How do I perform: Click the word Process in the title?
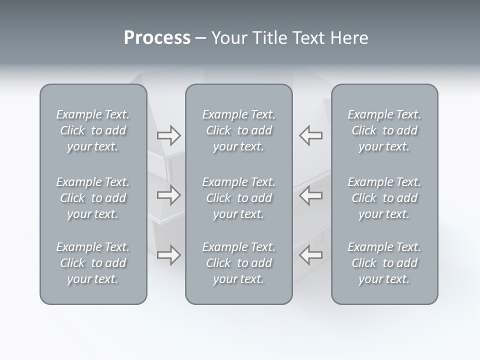click(x=157, y=38)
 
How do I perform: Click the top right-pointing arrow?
click(x=168, y=135)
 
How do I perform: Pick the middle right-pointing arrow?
click(x=168, y=195)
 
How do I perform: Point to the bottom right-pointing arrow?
click(x=168, y=255)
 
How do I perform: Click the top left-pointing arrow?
click(x=310, y=135)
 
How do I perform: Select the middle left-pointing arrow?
click(x=310, y=195)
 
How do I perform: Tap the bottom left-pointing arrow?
click(x=310, y=255)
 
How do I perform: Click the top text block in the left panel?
click(x=93, y=130)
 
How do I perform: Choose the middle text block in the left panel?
click(x=93, y=198)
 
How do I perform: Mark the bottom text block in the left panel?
click(x=93, y=263)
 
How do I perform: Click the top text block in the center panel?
click(x=238, y=130)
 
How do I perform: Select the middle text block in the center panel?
click(x=238, y=198)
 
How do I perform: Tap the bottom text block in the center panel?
click(x=238, y=263)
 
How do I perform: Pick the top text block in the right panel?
click(x=384, y=130)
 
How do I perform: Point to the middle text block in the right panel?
click(x=384, y=198)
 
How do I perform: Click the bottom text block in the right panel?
click(x=384, y=263)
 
